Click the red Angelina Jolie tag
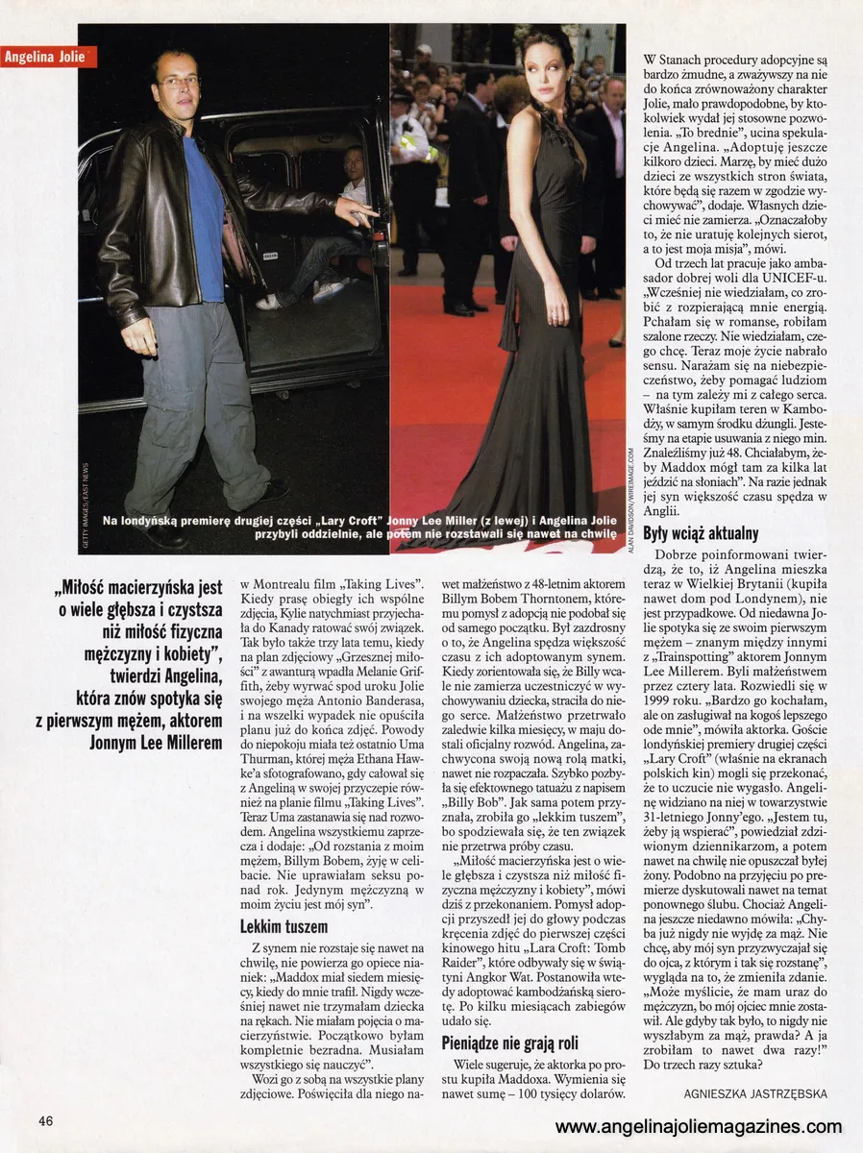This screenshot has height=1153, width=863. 49,57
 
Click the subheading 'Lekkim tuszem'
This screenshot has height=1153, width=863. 284,927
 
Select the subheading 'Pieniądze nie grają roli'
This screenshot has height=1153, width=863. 510,1043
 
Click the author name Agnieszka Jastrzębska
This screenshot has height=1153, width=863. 754,1093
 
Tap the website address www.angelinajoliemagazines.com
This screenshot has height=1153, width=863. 699,1127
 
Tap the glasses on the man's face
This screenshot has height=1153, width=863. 178,82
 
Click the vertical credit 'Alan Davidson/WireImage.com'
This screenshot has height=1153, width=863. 631,500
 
